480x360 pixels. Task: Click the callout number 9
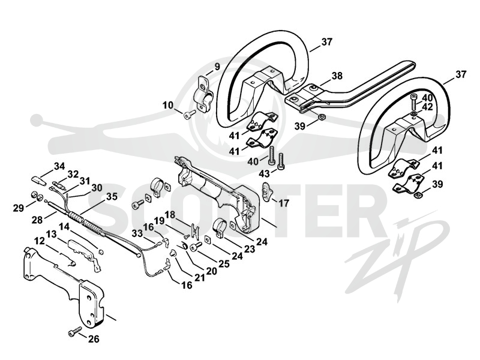point(217,67)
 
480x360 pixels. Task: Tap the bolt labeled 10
point(190,115)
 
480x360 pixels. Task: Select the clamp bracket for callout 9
point(203,94)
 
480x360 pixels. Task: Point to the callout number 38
point(337,76)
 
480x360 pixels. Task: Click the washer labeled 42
point(413,115)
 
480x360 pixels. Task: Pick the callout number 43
point(264,173)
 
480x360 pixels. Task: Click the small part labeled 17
point(265,192)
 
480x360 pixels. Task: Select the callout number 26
point(94,339)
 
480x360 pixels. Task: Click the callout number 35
point(112,197)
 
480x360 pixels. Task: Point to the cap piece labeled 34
point(39,179)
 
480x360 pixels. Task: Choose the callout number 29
point(19,208)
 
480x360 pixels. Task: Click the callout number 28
point(37,220)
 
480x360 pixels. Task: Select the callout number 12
point(40,241)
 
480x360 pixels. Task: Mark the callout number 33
point(137,234)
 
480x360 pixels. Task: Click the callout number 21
point(199,277)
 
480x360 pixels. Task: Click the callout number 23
point(249,249)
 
